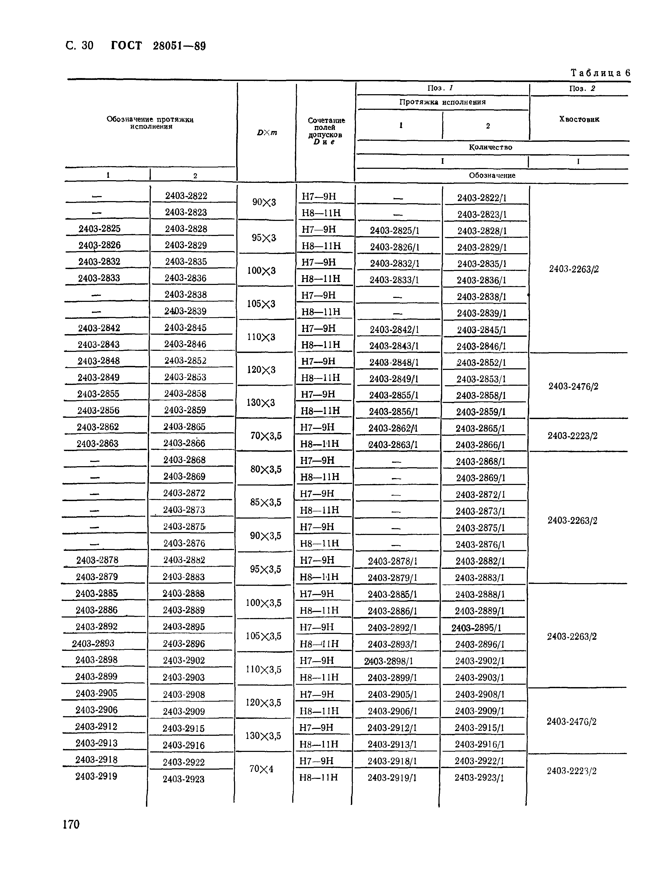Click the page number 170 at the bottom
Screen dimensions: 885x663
(71, 824)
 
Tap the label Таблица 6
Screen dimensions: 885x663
(600, 73)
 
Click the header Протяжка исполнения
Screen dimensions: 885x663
(442, 102)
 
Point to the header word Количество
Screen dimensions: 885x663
(490, 147)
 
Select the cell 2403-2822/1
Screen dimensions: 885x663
(482, 198)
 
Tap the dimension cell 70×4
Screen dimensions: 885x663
(261, 769)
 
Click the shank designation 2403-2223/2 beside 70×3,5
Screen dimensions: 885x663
(572, 436)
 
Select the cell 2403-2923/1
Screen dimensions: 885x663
(479, 778)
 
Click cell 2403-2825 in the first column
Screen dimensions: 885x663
(99, 228)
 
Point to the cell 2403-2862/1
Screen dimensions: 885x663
(393, 428)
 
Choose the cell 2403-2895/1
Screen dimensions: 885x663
(476, 628)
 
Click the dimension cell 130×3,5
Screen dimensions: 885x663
(263, 735)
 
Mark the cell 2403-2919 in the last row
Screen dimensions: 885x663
(96, 776)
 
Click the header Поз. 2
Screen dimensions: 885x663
(582, 88)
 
